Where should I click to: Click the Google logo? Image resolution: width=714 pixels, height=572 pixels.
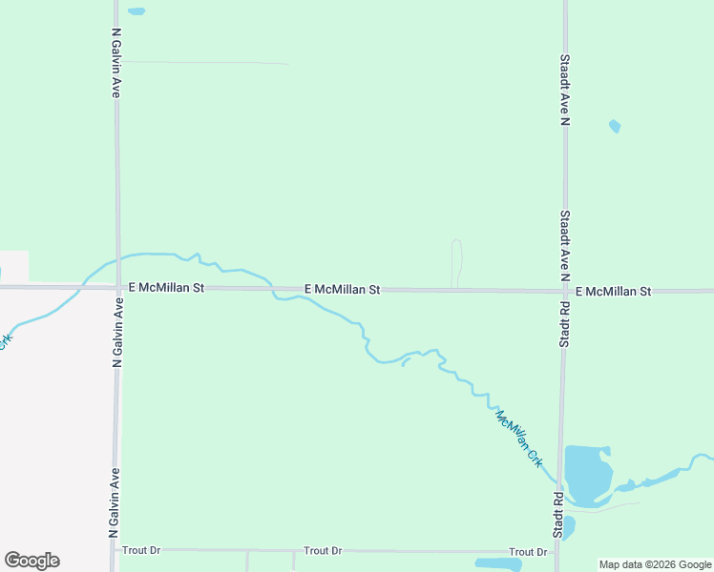click(31, 561)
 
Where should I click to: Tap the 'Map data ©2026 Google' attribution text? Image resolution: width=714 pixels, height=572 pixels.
click(655, 564)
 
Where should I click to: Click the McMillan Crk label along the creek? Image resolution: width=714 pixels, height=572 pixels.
click(519, 437)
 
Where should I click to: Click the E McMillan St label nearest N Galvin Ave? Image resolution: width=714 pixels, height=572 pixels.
click(166, 287)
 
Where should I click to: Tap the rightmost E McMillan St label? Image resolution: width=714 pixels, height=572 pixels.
click(613, 291)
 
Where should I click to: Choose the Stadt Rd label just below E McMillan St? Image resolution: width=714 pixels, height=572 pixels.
click(564, 324)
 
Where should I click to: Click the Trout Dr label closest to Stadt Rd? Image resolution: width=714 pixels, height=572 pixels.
click(528, 552)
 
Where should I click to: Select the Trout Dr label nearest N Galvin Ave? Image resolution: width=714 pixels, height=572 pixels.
click(141, 550)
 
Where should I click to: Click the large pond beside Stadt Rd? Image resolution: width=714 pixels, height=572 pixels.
click(587, 473)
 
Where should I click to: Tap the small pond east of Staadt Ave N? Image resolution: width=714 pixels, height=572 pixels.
click(615, 126)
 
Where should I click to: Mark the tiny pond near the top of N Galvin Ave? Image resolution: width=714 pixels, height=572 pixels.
click(136, 11)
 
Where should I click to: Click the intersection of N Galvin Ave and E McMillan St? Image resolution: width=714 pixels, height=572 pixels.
click(117, 286)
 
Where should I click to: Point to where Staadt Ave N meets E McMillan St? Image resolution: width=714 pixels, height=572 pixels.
click(564, 291)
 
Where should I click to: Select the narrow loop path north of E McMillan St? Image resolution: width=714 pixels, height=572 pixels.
click(456, 262)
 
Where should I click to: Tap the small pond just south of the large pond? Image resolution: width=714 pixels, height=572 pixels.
click(569, 526)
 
